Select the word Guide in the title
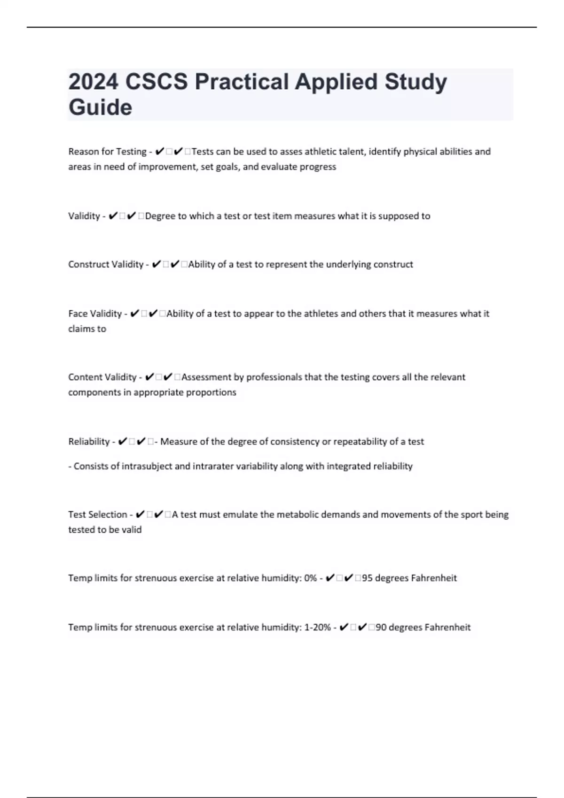tap(100, 107)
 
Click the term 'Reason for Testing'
tap(107, 152)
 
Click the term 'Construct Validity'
tap(106, 264)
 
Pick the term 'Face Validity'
tap(95, 314)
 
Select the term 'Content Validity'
tap(102, 377)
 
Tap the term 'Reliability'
tap(89, 442)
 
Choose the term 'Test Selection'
tap(97, 514)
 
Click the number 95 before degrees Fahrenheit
tap(367, 578)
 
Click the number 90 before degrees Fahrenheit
tap(381, 627)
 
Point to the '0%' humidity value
tap(310, 578)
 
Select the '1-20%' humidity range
tap(317, 627)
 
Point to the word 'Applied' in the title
tap(336, 82)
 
